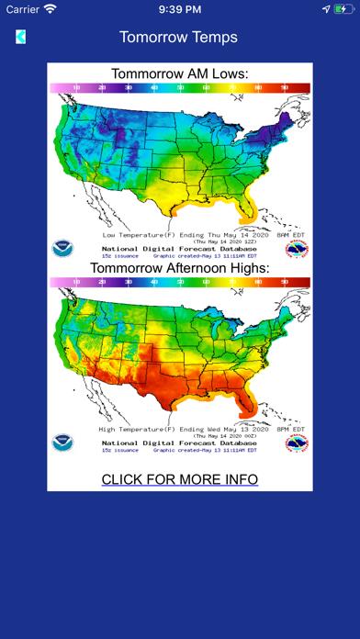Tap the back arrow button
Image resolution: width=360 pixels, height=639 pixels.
pyautogui.click(x=20, y=37)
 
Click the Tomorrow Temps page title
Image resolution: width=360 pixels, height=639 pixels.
pyautogui.click(x=178, y=37)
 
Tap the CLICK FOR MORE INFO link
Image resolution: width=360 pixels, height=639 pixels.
pyautogui.click(x=179, y=479)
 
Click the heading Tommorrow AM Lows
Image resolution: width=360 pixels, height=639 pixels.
pyautogui.click(x=179, y=73)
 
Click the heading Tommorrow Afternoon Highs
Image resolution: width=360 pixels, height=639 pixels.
pyautogui.click(x=179, y=268)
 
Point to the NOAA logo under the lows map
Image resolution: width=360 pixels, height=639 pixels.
pyautogui.click(x=63, y=248)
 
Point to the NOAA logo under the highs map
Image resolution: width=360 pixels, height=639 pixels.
pyautogui.click(x=63, y=443)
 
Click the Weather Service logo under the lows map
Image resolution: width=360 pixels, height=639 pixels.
pyautogui.click(x=297, y=248)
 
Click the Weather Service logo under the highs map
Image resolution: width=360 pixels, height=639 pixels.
pyautogui.click(x=297, y=443)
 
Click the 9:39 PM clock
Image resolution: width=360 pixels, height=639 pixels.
pyautogui.click(x=179, y=9)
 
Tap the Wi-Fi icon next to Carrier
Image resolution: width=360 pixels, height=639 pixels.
pyautogui.click(x=50, y=9)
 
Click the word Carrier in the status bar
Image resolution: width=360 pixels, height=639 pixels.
pyautogui.click(x=22, y=9)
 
